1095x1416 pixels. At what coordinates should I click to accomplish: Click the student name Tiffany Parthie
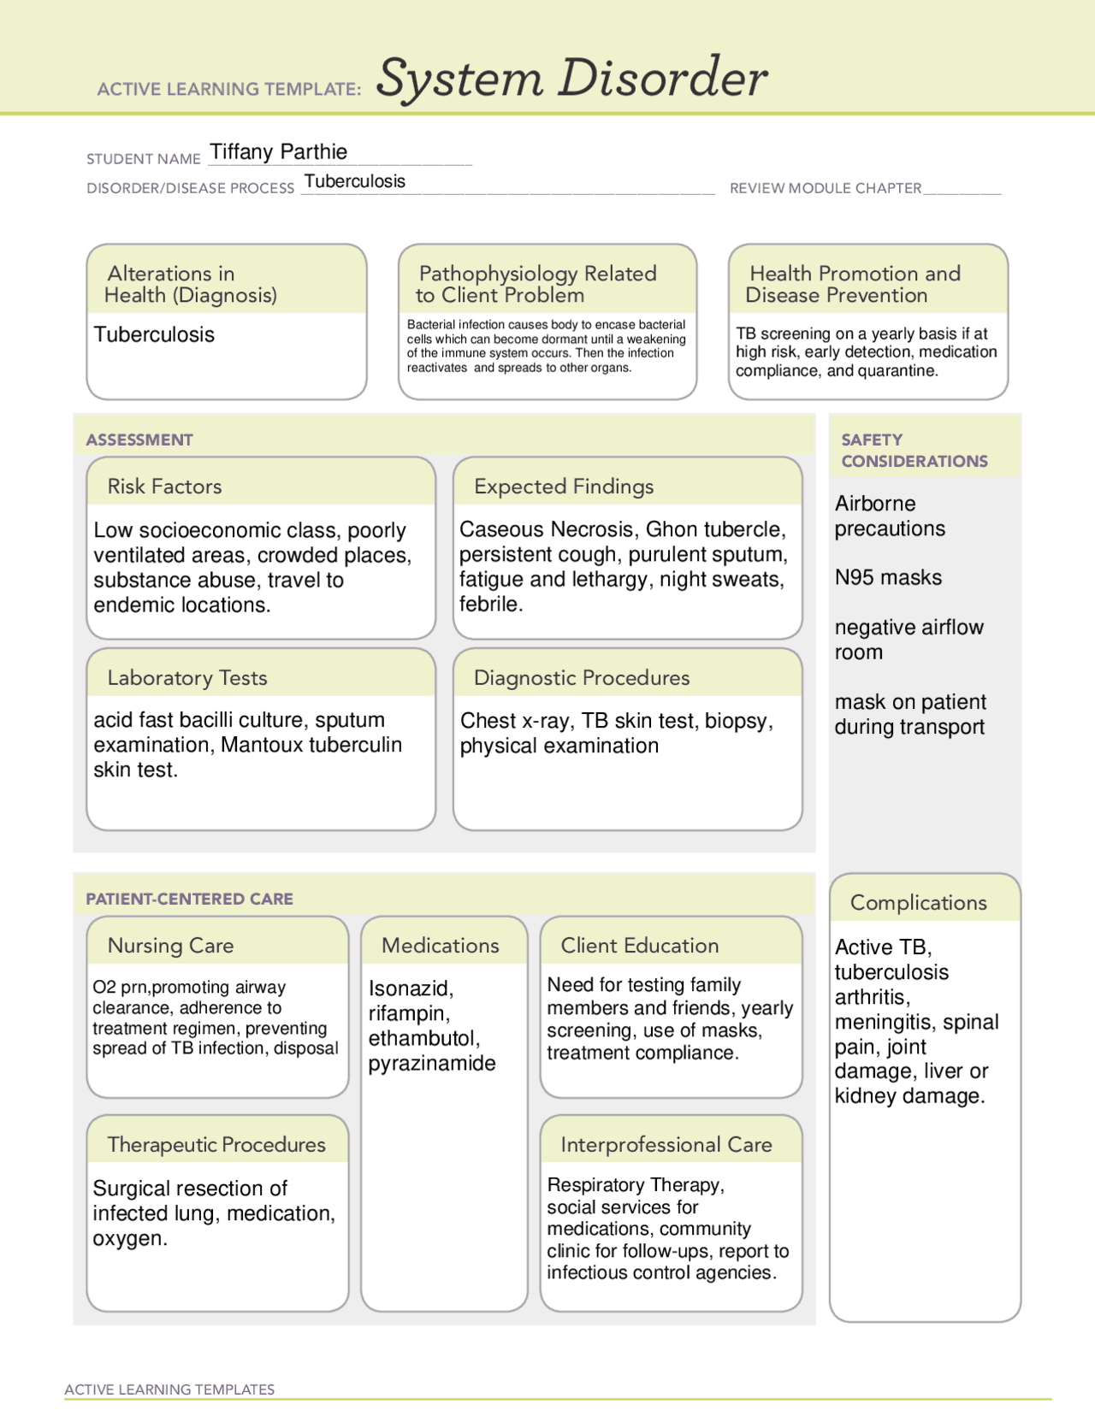point(279,152)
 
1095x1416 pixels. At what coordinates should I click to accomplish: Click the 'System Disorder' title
point(571,78)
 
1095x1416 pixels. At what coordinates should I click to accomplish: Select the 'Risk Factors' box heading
point(164,487)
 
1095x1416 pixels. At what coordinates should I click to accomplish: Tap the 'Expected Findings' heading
point(564,487)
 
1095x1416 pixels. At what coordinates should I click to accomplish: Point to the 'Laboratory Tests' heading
point(187,678)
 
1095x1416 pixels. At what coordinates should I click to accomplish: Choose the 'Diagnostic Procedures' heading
point(582,678)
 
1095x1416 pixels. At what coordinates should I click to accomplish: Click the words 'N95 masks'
point(888,578)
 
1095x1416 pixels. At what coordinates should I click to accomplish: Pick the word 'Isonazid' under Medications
point(411,988)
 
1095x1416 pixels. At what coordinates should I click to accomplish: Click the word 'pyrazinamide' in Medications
point(432,1064)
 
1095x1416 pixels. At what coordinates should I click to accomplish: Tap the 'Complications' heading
point(918,903)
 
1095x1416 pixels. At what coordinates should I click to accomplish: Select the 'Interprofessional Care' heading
point(666,1145)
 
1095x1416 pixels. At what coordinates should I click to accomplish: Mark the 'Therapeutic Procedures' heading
point(216,1145)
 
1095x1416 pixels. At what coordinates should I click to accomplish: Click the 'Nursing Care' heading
point(170,946)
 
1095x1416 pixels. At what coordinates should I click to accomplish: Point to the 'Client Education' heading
point(640,946)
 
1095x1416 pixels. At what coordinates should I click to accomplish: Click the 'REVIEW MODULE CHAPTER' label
point(826,188)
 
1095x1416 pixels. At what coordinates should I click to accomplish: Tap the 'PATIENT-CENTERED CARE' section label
point(189,899)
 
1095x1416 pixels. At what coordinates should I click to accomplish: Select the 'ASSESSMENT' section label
point(139,440)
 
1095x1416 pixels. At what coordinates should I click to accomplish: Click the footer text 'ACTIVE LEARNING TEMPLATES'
point(169,1389)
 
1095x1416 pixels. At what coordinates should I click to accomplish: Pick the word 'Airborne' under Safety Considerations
point(875,504)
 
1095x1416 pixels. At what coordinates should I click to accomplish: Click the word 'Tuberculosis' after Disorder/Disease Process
point(355,181)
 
